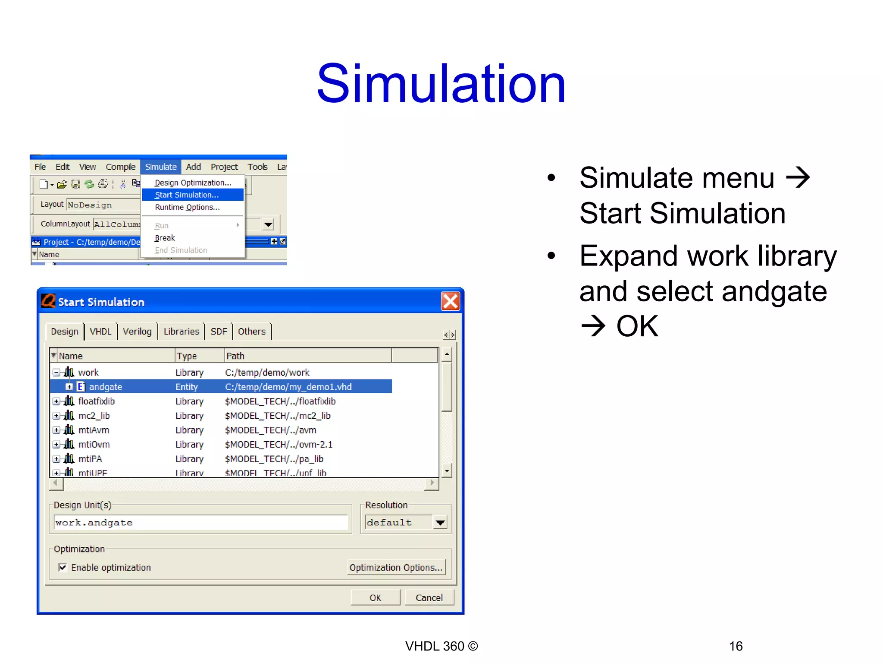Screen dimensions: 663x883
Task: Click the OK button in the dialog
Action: point(375,598)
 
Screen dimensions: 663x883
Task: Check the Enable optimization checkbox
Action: point(63,567)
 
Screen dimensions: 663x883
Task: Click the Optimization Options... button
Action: point(396,568)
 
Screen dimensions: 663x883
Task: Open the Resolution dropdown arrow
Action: point(440,523)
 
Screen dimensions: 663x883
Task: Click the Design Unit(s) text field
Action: point(200,523)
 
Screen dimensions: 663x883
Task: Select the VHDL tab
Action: point(100,331)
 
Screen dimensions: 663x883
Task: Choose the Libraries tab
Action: point(181,331)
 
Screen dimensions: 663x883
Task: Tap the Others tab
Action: point(252,331)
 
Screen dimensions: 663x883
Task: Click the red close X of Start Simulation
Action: point(451,301)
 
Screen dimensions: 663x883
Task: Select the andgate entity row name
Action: point(106,387)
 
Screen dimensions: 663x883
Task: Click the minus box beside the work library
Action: point(56,372)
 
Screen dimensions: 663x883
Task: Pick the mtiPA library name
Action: point(90,459)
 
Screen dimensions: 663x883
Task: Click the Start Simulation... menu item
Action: point(187,195)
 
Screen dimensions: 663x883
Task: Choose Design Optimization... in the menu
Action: point(193,183)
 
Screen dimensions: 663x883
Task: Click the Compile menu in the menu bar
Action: point(120,167)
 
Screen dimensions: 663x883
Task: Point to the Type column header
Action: point(187,356)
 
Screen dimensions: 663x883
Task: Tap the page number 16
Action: point(736,646)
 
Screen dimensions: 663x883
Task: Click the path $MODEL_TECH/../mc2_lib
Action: point(278,416)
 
